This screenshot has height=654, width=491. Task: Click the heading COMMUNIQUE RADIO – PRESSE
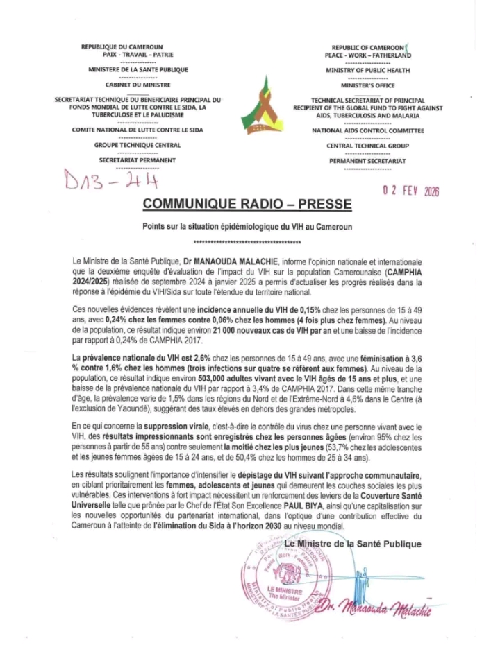247,204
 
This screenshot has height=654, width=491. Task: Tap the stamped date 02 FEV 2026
411,191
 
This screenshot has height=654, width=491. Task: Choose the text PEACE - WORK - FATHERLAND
368,54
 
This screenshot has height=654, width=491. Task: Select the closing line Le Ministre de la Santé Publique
357,544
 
